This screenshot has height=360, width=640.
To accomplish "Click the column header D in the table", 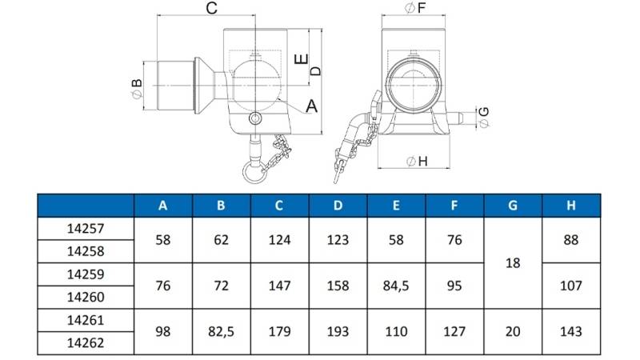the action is (x=338, y=206).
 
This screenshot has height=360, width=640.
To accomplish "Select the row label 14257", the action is (x=86, y=229).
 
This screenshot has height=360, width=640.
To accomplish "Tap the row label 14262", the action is (x=86, y=343).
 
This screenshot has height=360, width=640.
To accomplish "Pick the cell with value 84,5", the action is (x=396, y=286).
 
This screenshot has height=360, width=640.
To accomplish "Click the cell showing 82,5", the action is (x=222, y=331).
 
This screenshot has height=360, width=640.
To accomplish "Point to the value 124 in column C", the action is (x=279, y=240).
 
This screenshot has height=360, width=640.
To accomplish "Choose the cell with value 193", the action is (x=338, y=331).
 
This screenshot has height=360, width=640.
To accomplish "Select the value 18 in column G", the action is (x=513, y=263).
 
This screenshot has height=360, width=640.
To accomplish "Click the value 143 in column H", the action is (x=571, y=331).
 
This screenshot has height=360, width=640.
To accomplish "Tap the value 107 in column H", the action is (x=571, y=286).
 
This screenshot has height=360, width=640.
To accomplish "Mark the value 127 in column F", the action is (x=454, y=331).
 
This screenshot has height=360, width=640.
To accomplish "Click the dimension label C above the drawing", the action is (x=211, y=8).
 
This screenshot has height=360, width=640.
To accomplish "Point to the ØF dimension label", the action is (x=415, y=7).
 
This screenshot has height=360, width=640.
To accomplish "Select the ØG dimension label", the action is (x=484, y=117).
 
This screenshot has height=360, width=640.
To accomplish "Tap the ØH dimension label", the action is (x=417, y=162).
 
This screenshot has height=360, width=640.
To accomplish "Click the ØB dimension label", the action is (x=137, y=89).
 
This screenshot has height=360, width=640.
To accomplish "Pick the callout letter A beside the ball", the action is (x=311, y=106).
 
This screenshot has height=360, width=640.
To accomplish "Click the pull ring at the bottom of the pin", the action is (x=254, y=173).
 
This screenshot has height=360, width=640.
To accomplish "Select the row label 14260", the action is (x=86, y=297).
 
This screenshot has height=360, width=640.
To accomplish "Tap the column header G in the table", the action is (x=513, y=206).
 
